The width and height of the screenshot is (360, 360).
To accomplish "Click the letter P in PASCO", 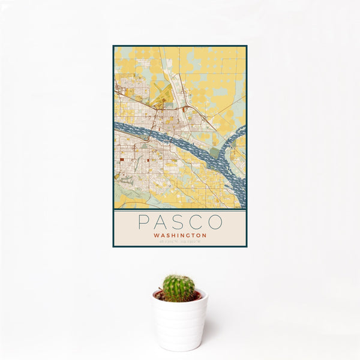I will coord(143,222).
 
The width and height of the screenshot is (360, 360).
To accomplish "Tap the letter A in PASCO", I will coord(162,222).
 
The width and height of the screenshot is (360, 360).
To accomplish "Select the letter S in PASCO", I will coord(180,222).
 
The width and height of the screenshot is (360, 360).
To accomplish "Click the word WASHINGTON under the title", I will coord(180,235).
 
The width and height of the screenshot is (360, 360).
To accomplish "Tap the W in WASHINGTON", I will coord(156,235).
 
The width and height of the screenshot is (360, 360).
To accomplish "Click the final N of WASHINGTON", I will coord(204,235).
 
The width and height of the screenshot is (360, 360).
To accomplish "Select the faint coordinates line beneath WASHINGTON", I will coord(180,241).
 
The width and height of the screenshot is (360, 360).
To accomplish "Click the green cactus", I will coord(179,288).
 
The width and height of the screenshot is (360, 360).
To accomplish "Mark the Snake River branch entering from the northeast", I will coord(237,135).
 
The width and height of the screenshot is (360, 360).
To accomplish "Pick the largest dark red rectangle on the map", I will coord(122,160).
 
